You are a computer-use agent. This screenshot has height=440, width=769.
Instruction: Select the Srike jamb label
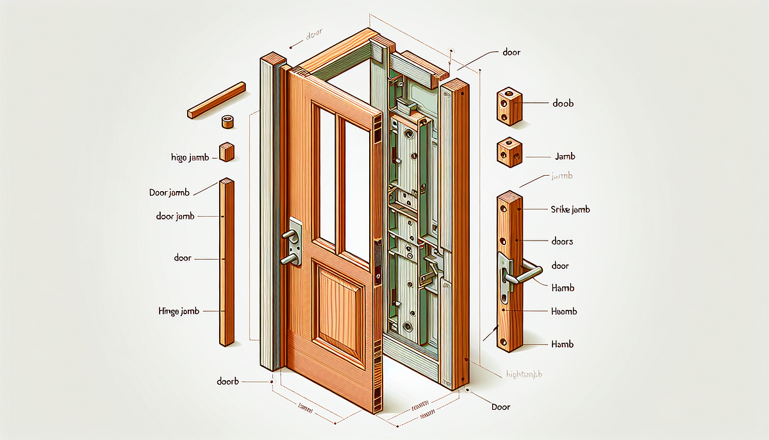click(x=570, y=210)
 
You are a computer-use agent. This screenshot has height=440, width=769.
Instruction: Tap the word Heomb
click(x=564, y=311)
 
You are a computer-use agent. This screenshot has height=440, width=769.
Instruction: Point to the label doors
click(x=562, y=242)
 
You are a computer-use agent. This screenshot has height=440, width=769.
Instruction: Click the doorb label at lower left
click(x=227, y=381)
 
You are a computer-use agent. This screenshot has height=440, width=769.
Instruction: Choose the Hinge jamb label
click(x=179, y=310)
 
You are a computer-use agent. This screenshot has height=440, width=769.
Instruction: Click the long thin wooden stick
click(x=217, y=100)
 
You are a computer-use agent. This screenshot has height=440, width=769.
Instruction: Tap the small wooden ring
click(x=227, y=122)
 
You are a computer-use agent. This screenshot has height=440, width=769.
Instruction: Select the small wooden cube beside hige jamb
click(x=227, y=151)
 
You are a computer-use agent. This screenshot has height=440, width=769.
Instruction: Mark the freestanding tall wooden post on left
click(x=226, y=263)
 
